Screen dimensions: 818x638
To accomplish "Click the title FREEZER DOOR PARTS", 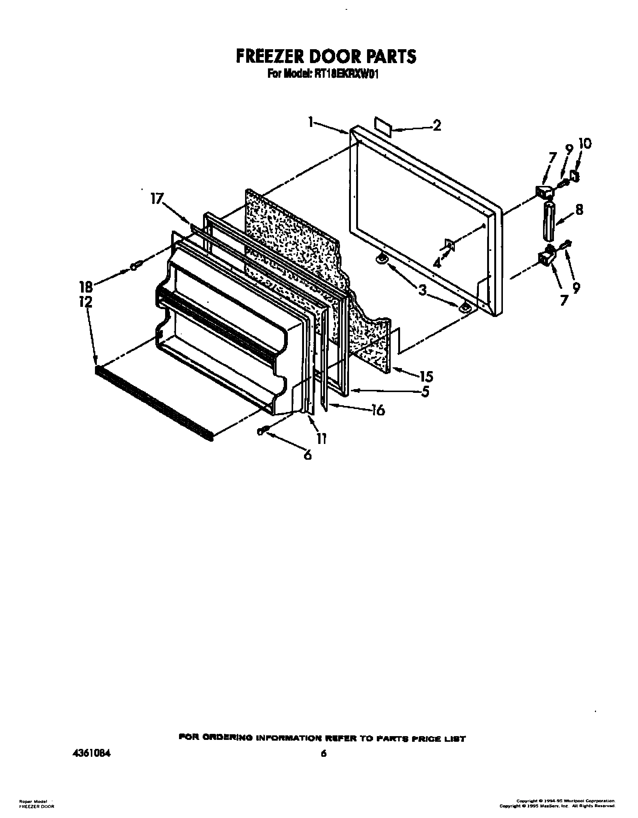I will pos(326,56).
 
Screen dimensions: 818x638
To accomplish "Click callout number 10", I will pos(585,143).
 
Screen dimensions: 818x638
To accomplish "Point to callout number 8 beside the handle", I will pos(579,210).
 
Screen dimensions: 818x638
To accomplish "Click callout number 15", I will pos(426,376).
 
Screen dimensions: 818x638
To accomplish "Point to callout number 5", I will pos(425,392).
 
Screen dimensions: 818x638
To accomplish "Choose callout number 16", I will pos(378,410).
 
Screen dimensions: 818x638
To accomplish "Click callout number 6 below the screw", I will pos(307,455).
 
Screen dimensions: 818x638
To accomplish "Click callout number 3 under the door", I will pos(423,290).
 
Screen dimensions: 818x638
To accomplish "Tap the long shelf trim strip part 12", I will pos(154,402).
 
